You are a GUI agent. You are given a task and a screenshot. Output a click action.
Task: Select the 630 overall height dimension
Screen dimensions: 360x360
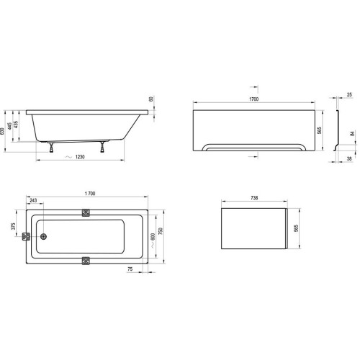coord(4,127)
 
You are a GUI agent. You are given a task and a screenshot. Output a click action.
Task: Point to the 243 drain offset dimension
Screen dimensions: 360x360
coord(34,200)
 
